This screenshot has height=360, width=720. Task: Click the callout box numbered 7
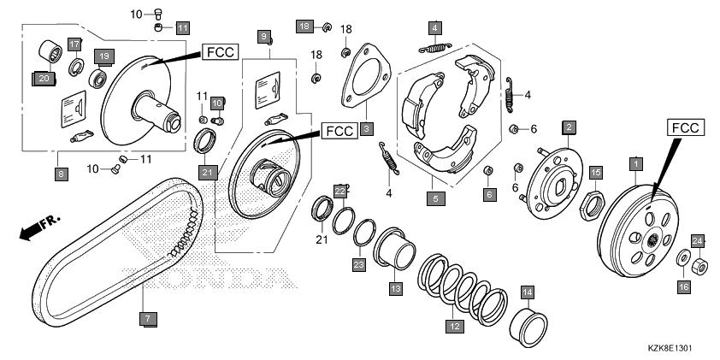click(x=146, y=319)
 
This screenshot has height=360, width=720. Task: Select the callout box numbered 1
click(x=635, y=162)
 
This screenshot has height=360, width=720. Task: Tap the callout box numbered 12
click(x=454, y=326)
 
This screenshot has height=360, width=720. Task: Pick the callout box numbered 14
click(x=528, y=292)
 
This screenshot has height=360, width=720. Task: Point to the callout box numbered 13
click(x=395, y=289)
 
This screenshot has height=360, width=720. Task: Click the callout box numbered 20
click(x=42, y=79)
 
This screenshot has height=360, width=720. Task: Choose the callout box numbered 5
click(x=436, y=198)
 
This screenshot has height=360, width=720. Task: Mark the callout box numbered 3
click(x=366, y=129)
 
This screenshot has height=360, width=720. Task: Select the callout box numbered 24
click(x=698, y=240)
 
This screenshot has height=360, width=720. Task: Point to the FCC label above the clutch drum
click(x=686, y=128)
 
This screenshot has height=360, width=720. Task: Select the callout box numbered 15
click(x=596, y=173)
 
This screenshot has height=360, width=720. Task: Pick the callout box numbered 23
click(x=358, y=265)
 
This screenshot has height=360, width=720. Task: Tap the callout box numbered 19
click(x=104, y=56)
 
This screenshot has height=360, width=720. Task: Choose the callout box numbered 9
click(x=264, y=36)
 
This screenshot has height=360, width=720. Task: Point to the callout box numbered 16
click(x=684, y=288)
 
